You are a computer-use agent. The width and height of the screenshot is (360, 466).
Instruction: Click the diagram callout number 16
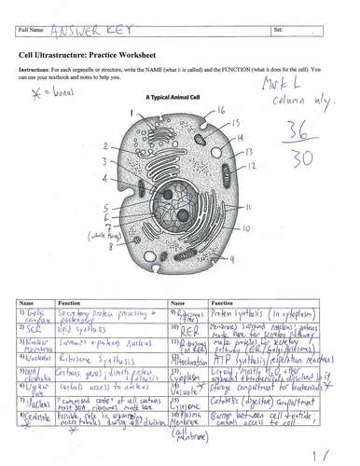(x=221, y=110)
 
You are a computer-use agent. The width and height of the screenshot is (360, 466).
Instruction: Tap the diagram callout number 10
(x=245, y=227)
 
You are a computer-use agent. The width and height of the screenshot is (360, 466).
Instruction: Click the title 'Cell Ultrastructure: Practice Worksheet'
(x=92, y=55)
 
